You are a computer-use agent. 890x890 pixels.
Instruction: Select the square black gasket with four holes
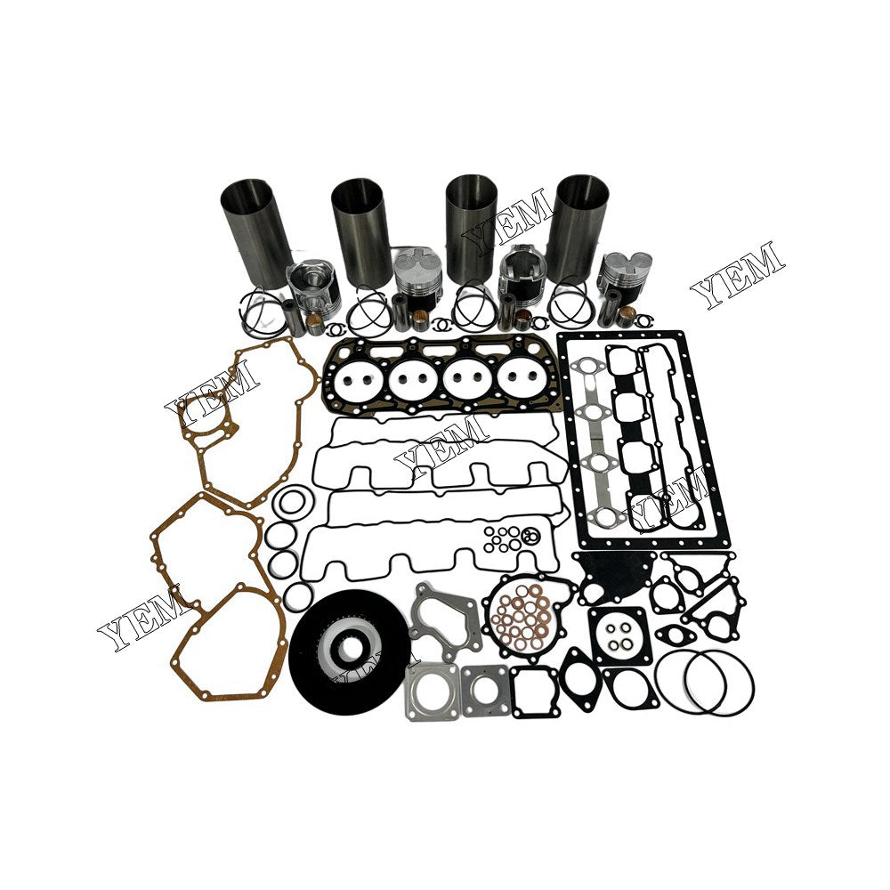[619, 635]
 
